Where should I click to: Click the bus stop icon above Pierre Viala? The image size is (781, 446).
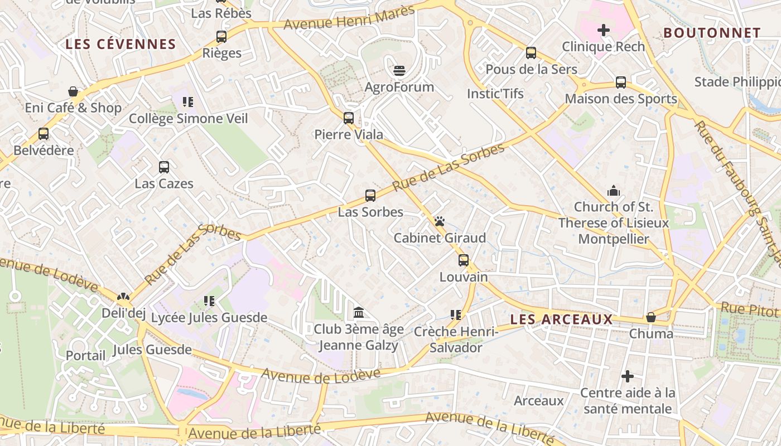(349, 118)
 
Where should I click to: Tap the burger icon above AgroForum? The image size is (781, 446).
(399, 71)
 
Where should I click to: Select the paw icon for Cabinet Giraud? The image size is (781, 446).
(440, 221)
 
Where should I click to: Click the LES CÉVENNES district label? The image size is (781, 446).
(120, 44)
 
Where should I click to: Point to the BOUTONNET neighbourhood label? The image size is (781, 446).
(712, 33)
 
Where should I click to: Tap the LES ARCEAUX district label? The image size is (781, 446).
(561, 319)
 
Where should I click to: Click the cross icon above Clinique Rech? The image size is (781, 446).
(603, 30)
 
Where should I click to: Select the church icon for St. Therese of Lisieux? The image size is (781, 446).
(614, 191)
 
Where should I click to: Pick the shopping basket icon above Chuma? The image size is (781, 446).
(650, 317)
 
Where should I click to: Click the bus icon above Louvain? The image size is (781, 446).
(464, 260)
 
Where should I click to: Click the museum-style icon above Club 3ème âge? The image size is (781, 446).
(359, 312)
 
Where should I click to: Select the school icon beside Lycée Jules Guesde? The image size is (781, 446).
(209, 302)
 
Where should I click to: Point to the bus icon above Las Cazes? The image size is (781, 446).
(164, 167)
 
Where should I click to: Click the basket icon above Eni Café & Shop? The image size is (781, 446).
(73, 91)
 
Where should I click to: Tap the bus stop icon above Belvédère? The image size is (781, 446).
(44, 134)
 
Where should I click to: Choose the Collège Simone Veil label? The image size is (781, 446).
(189, 118)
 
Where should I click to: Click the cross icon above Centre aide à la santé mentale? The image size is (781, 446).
(628, 377)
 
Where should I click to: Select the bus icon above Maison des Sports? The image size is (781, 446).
(621, 83)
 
